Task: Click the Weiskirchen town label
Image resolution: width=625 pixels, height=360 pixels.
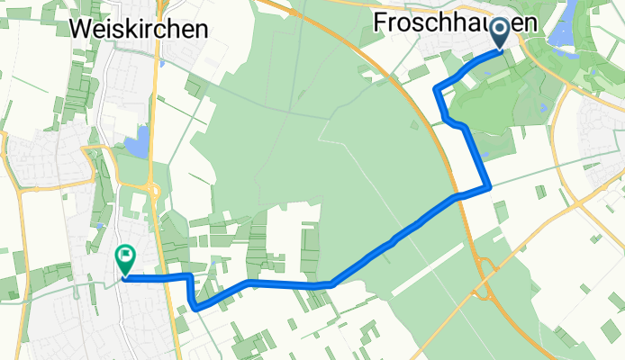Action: [x=139, y=29]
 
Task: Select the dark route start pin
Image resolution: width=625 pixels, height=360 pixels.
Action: [x=501, y=32]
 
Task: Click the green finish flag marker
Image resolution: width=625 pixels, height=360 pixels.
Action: [x=124, y=260]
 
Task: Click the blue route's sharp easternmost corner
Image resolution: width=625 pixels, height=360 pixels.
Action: [x=489, y=187]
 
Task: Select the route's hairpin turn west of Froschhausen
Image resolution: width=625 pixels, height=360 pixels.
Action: [x=437, y=88]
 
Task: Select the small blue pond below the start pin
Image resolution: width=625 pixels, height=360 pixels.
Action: [x=545, y=107]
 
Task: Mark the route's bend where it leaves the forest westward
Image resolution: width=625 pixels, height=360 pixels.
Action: [x=331, y=283]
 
